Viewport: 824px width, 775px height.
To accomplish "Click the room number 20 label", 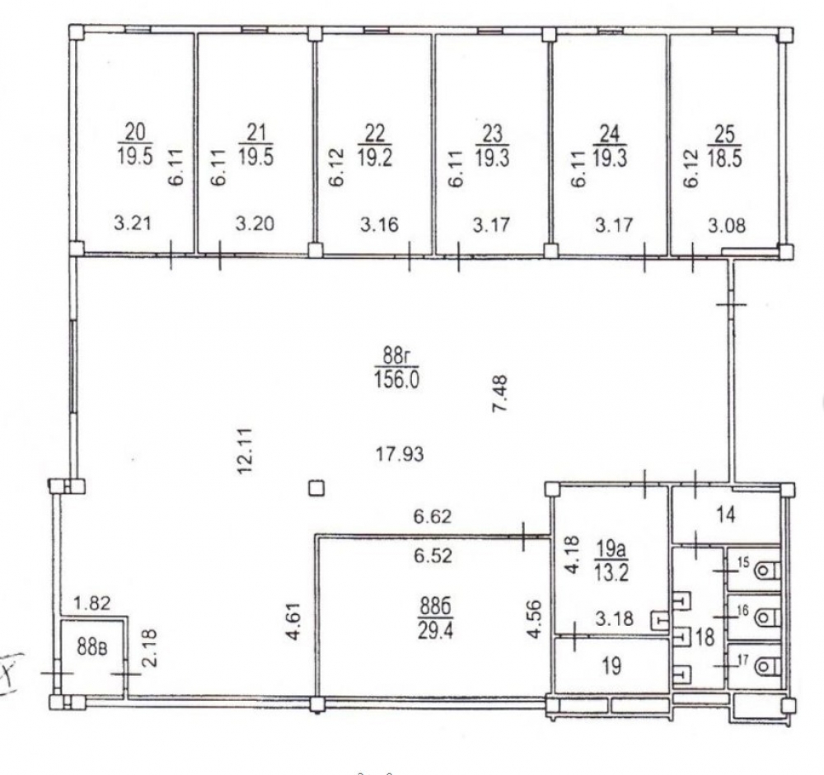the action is [134, 132].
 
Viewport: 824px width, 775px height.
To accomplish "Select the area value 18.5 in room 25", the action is [724, 157].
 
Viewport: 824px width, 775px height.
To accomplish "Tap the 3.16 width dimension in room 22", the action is [379, 224].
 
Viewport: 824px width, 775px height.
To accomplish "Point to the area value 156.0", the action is [397, 378].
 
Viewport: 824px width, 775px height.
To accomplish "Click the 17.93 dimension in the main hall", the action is [400, 453].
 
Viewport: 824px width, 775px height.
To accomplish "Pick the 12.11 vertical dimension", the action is [246, 451].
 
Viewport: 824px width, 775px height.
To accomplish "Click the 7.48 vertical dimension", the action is [500, 393].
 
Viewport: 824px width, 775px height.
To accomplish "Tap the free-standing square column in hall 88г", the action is [316, 488].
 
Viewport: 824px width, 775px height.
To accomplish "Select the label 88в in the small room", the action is [92, 647].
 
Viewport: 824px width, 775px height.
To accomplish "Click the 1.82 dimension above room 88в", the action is [92, 604].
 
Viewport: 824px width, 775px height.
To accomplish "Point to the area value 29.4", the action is [435, 630].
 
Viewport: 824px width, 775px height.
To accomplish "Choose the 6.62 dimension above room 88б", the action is [433, 516].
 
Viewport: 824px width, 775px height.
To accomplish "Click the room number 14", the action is [726, 514].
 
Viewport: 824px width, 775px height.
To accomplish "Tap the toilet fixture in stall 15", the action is [765, 570].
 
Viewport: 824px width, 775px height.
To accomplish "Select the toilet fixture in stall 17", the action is [765, 667].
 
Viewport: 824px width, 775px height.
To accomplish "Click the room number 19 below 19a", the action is [610, 666].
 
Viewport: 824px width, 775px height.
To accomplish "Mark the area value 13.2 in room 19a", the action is [611, 572].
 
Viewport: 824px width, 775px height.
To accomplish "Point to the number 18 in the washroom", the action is [705, 637].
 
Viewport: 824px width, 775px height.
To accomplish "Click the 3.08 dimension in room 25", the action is [727, 225].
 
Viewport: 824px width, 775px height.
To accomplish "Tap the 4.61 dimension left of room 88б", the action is [294, 622].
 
